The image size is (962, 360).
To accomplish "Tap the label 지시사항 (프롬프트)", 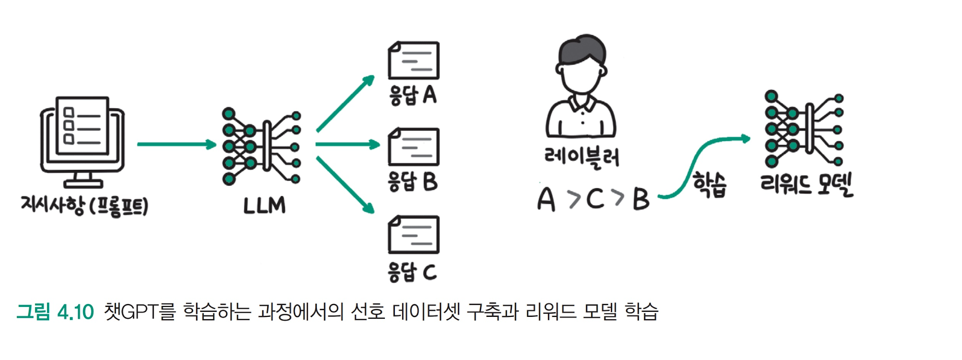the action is tap(84, 205).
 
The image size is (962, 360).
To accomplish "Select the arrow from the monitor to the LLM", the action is tap(176, 144).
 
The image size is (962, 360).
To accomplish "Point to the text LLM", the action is tap(264, 205).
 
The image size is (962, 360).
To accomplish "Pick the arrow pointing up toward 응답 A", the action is tap(345, 103).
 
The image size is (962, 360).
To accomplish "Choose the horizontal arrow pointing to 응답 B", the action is tap(347, 144).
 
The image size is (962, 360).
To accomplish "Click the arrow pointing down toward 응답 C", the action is tap(345, 185).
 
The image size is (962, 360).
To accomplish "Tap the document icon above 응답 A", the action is tap(413, 60).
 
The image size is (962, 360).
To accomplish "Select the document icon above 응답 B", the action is tap(413, 147).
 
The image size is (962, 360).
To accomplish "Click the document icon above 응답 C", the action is tap(413, 234).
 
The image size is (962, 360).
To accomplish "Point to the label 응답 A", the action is tap(413, 95).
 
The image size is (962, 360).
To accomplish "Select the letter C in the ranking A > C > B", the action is tap(595, 199).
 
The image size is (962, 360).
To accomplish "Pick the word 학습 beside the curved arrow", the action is tap(710, 185).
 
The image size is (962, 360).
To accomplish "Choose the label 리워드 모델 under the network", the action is tap(806, 184).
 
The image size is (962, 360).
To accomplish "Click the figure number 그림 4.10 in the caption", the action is tap(55, 312).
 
